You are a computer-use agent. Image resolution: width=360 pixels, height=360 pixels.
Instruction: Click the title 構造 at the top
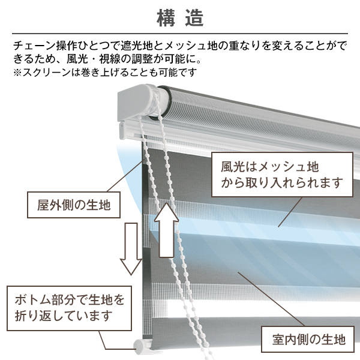click(x=180, y=19)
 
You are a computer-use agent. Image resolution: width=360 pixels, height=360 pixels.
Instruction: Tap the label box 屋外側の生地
click(x=74, y=205)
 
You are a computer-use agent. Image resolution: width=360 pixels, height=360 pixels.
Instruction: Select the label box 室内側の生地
click(x=308, y=340)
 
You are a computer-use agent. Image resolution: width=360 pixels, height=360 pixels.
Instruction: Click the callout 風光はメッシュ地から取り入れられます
click(x=282, y=175)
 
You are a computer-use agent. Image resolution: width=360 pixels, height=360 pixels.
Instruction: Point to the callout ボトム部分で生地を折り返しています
click(x=69, y=308)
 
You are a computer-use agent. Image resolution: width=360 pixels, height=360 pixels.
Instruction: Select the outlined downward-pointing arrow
click(x=131, y=248)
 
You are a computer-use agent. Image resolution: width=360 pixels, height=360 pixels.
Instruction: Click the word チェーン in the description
click(x=34, y=46)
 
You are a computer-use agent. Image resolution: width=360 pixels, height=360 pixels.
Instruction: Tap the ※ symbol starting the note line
click(x=17, y=73)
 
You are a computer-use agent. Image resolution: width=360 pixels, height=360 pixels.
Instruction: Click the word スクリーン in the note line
click(x=46, y=73)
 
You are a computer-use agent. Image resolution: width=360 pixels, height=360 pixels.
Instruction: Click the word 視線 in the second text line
click(x=110, y=59)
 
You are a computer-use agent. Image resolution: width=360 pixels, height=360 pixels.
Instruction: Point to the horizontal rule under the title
click(x=180, y=34)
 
